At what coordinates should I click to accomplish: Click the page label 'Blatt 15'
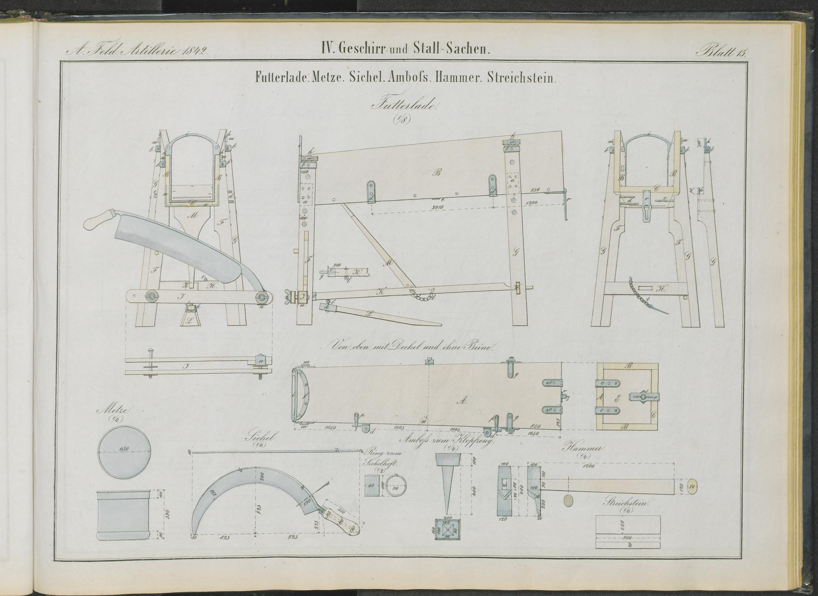[721, 51]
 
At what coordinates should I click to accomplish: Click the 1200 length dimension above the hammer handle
[589, 466]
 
